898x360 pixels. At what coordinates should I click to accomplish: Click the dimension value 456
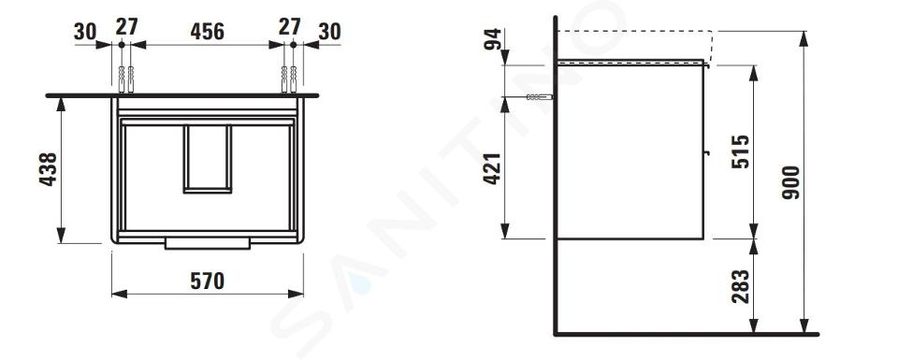click(208, 32)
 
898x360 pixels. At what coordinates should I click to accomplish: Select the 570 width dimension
click(208, 281)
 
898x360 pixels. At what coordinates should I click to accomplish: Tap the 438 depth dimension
click(48, 169)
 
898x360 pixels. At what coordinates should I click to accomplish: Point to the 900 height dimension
click(791, 182)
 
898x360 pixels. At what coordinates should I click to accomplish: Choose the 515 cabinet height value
click(741, 151)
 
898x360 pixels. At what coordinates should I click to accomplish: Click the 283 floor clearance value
click(741, 286)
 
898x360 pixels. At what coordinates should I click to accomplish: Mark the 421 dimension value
click(493, 169)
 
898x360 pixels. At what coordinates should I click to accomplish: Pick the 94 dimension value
click(493, 39)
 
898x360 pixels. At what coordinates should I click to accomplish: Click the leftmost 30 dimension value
click(85, 32)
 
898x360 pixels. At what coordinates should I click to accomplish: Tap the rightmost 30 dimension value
click(330, 32)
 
